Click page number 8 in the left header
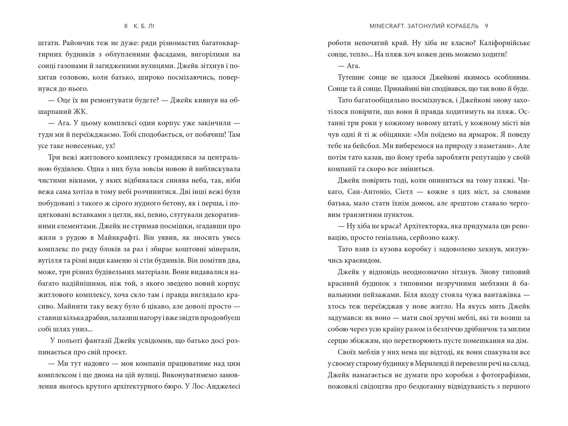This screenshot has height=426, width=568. point(126,26)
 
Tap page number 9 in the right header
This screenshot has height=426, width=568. point(486,26)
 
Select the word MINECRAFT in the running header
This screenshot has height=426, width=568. point(387,26)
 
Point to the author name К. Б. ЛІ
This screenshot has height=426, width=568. point(144,26)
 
